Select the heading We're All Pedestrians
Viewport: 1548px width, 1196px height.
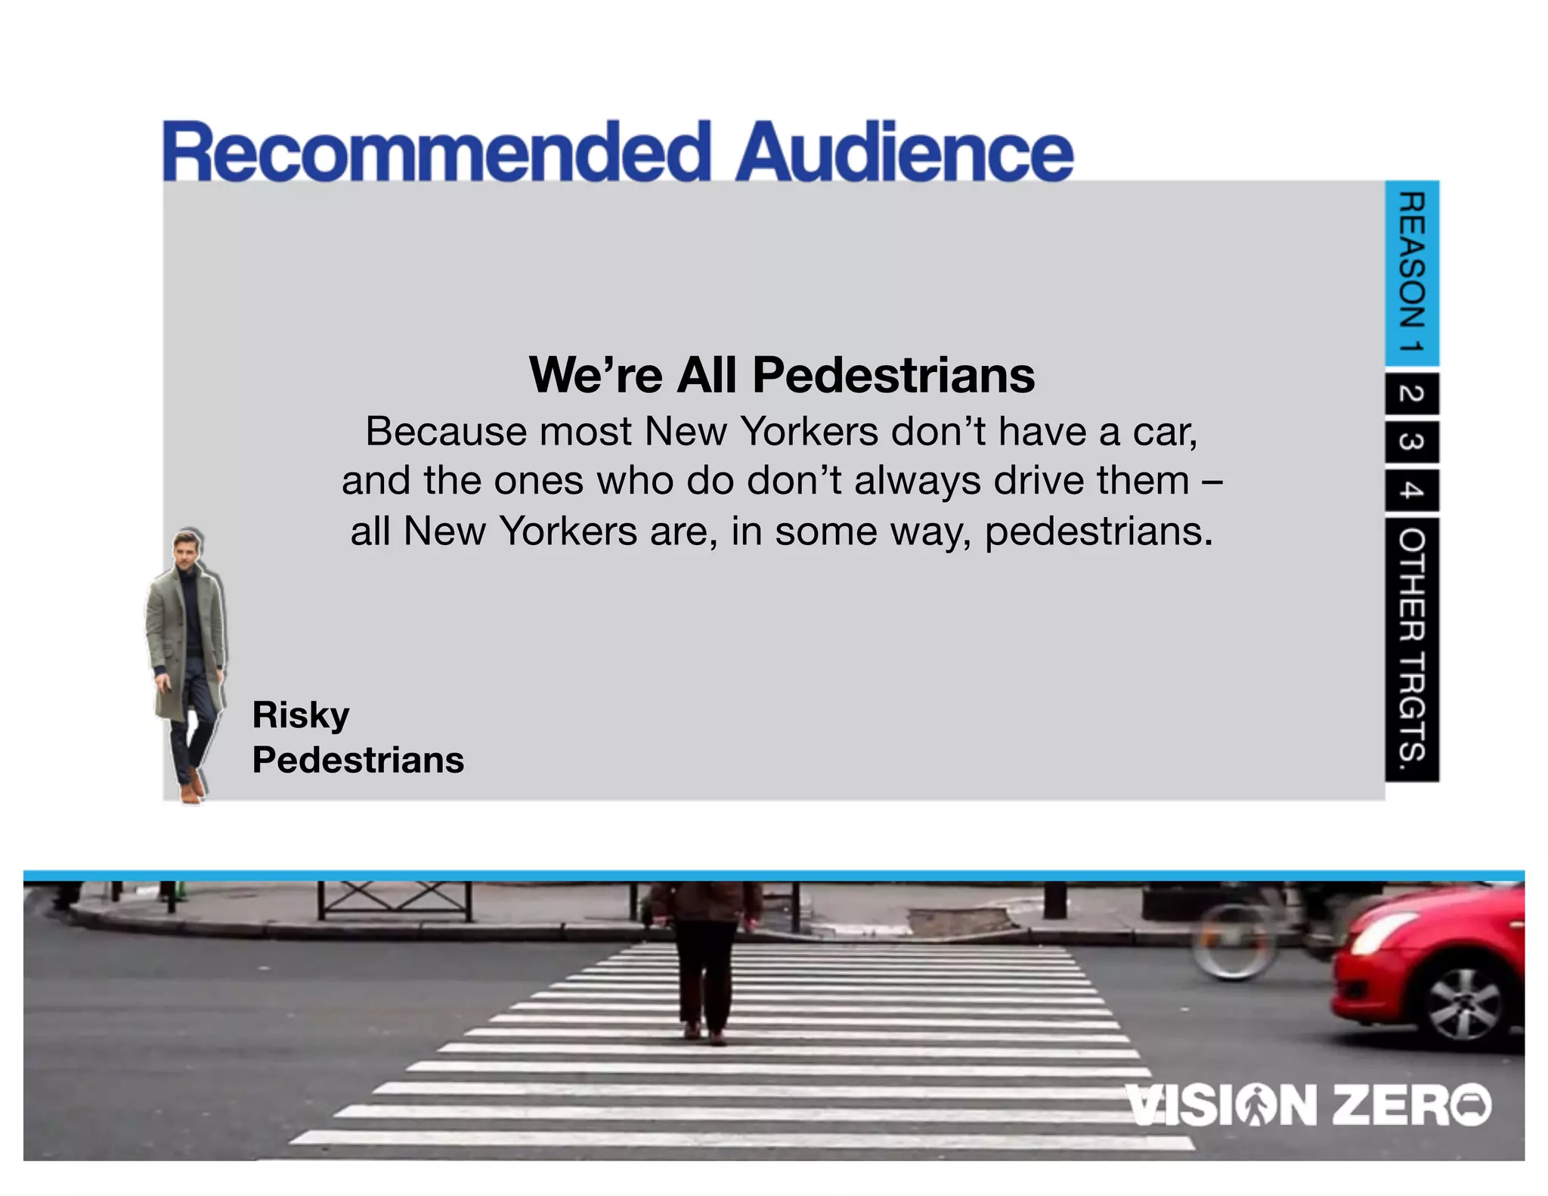782,375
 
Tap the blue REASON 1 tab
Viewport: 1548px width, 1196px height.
1411,272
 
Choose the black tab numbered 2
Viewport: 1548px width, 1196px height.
1411,393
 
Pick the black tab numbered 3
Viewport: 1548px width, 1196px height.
1411,442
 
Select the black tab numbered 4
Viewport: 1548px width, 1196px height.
1411,491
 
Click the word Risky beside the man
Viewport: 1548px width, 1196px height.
301,715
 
